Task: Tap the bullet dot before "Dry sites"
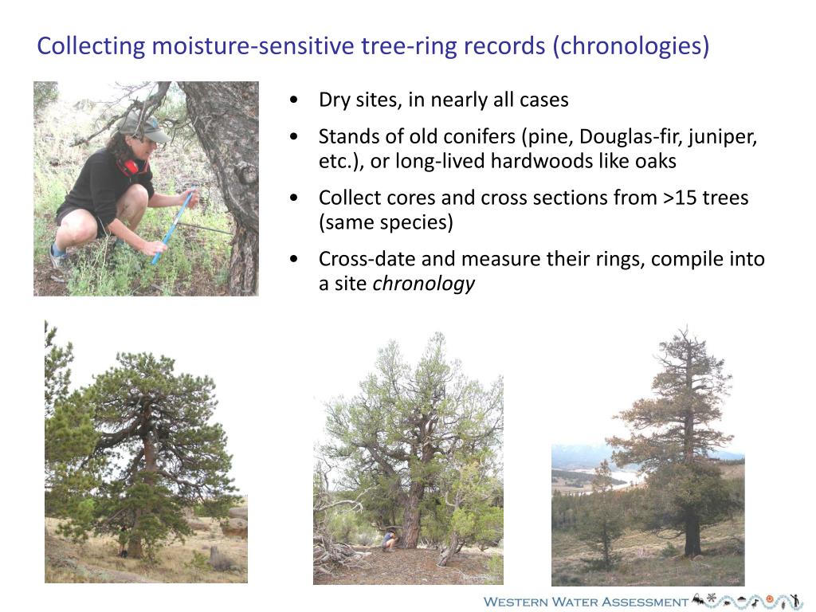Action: [x=296, y=100]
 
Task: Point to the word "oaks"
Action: [x=655, y=161]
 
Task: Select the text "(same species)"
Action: [x=386, y=222]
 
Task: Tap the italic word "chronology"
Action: [x=424, y=284]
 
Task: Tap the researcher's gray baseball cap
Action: [x=141, y=126]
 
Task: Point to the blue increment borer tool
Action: [x=172, y=226]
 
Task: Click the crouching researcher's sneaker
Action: [x=57, y=257]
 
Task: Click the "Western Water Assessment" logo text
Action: [x=586, y=602]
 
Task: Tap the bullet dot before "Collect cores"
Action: [x=296, y=198]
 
